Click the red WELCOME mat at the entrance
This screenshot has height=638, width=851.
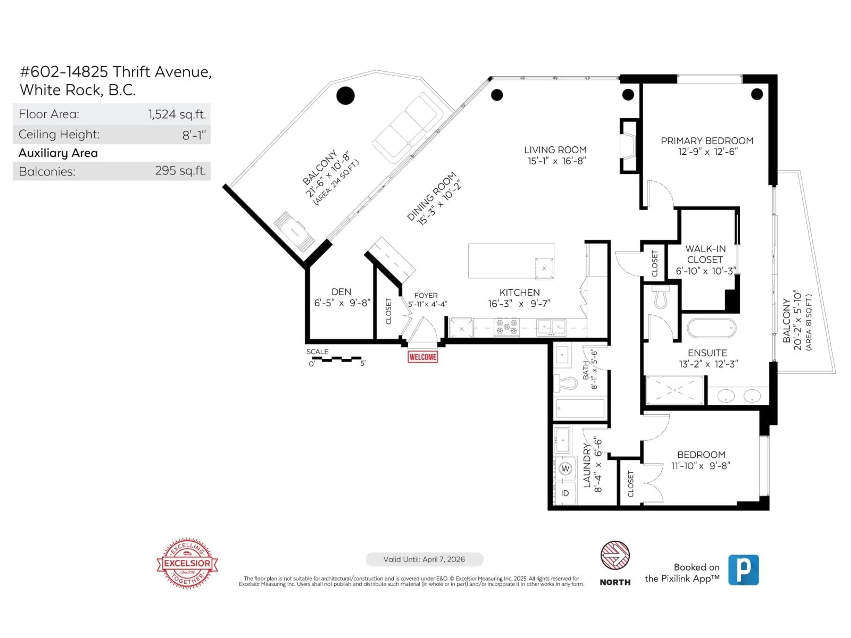coord(422,357)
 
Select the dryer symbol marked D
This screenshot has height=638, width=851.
coord(565,493)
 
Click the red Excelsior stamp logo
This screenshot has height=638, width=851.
coord(187,563)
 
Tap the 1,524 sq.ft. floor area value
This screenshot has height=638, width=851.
coord(177,114)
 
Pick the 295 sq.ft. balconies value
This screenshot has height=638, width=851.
coord(180,171)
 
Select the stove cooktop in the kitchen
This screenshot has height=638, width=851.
coord(506,327)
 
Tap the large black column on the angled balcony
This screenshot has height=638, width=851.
coord(345,95)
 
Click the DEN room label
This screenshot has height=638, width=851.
coord(341,292)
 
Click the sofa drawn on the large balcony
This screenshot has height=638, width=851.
coord(407,125)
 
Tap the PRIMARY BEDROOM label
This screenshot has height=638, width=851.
coord(707,141)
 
